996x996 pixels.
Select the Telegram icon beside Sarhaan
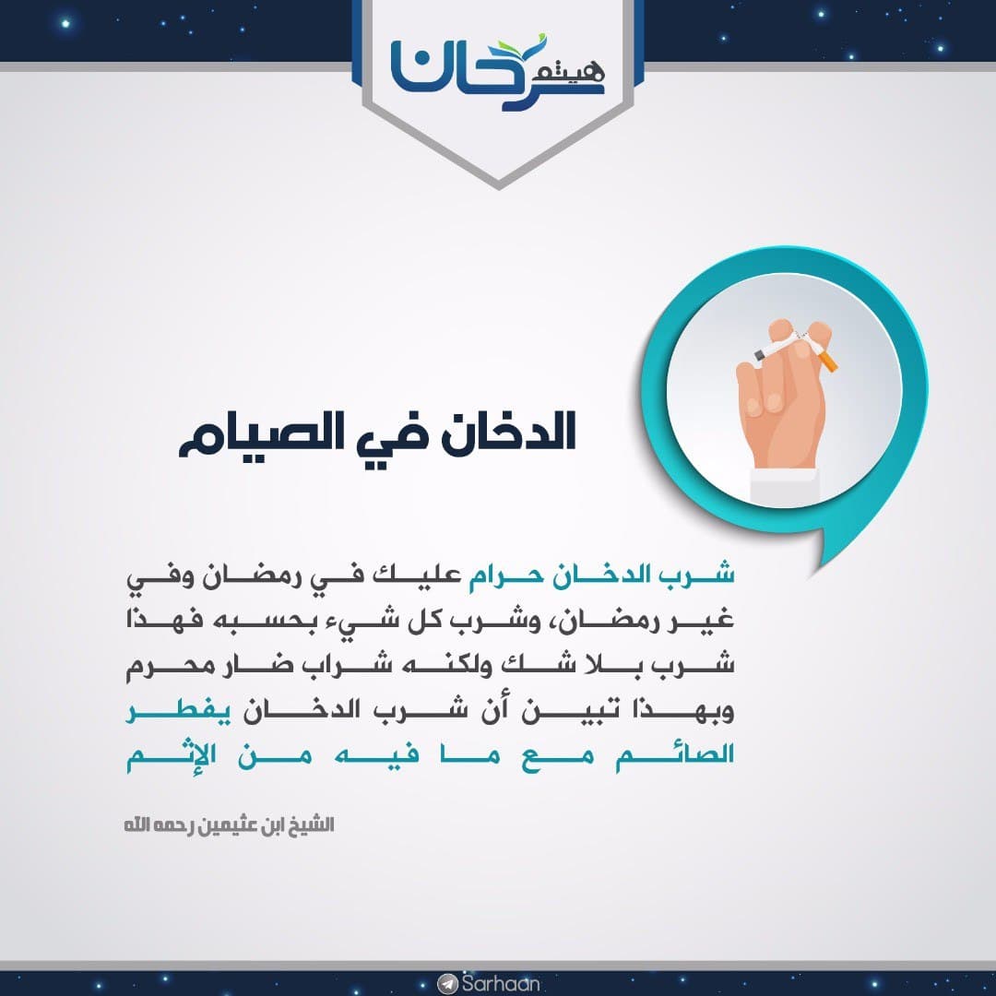(x=448, y=984)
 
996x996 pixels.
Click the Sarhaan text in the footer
(x=501, y=984)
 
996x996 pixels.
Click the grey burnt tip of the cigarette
(x=759, y=355)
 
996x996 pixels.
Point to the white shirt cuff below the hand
(x=784, y=487)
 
